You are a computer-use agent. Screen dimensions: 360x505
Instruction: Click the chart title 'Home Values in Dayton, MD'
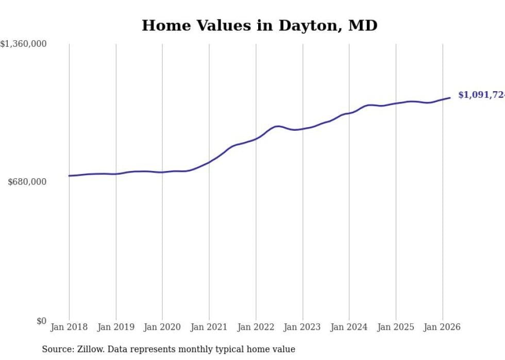260,26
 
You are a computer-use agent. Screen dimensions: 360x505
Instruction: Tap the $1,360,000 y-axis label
24,44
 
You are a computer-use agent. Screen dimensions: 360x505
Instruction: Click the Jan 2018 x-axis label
69,327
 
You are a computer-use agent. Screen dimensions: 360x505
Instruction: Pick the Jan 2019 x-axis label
116,327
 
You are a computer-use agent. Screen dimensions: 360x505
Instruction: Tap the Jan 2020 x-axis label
162,327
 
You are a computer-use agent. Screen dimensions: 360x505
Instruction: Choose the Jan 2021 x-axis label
209,327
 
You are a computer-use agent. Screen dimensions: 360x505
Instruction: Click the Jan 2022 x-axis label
256,327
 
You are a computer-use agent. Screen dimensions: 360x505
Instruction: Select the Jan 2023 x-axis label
302,327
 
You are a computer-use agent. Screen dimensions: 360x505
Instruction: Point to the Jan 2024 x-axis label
349,327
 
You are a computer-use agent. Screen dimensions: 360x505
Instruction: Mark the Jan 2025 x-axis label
396,327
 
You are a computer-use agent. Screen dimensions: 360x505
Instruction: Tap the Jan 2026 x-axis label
442,327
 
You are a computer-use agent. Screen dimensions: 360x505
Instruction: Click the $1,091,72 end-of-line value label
481,95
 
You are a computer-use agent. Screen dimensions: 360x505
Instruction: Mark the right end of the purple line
450,98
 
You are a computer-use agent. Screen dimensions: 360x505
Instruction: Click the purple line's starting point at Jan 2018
69,176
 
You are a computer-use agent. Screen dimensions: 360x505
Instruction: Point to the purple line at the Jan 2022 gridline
256,139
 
